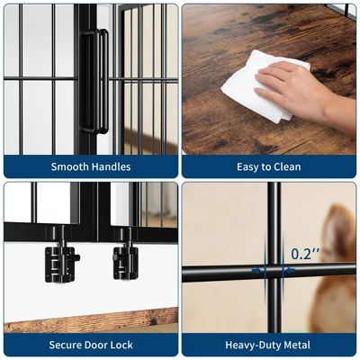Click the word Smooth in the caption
point(69,166)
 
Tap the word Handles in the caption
point(112,166)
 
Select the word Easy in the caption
point(248,167)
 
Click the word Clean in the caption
point(288,166)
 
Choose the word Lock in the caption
point(121,345)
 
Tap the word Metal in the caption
point(296,345)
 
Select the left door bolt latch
point(62,258)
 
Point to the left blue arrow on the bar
point(256,271)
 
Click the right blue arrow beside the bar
point(290,271)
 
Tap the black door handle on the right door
point(104,81)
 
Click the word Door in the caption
point(96,345)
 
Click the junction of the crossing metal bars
point(274,273)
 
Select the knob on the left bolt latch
point(77,257)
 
